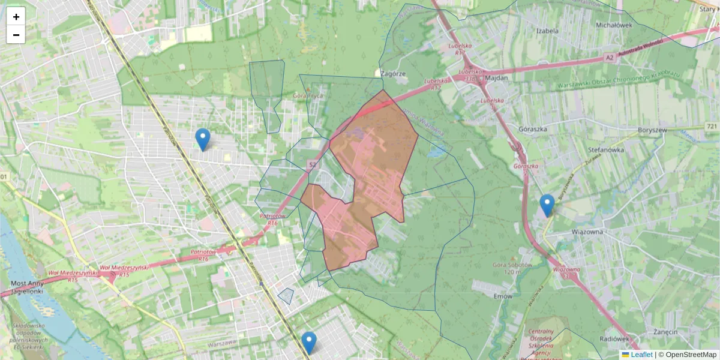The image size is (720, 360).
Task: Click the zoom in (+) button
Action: tap(16, 17)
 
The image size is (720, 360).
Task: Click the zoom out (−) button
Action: tap(16, 35)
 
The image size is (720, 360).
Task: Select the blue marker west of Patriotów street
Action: tap(203, 139)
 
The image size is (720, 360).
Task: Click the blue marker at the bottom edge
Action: tap(309, 343)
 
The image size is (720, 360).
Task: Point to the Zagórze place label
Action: tap(394, 73)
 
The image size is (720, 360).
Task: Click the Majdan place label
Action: tap(497, 78)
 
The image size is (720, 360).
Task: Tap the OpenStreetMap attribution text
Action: tap(691, 355)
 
